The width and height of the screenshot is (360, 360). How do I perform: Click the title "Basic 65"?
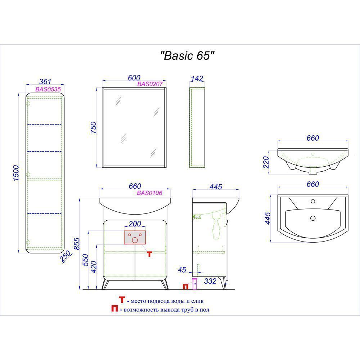click(x=187, y=56)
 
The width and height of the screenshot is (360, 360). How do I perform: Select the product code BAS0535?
click(x=48, y=89)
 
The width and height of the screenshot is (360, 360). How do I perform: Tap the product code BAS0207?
click(x=150, y=84)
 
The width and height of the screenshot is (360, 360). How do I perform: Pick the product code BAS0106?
click(x=149, y=193)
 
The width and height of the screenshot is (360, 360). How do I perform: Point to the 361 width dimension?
click(x=45, y=81)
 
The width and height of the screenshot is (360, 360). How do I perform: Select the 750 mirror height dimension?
click(x=94, y=128)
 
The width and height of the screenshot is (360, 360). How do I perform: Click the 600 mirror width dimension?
click(x=134, y=78)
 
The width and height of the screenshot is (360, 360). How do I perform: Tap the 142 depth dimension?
click(x=197, y=78)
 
